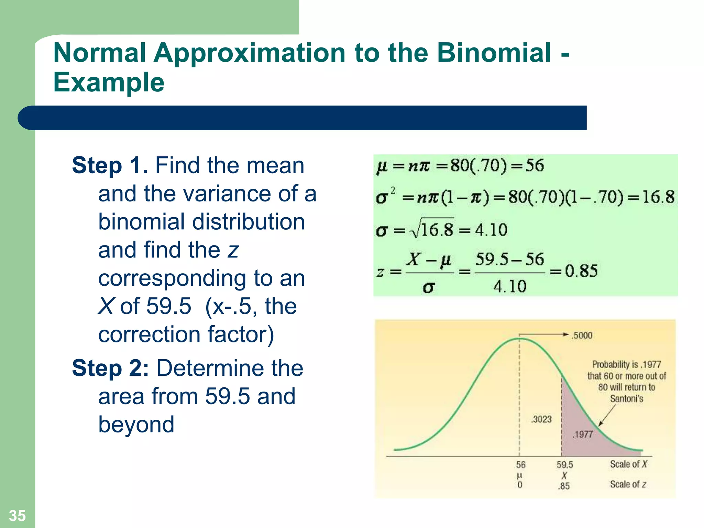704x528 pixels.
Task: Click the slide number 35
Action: click(17, 515)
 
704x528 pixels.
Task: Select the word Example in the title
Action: click(109, 82)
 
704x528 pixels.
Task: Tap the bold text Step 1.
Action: click(110, 165)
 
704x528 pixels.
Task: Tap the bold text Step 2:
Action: click(110, 368)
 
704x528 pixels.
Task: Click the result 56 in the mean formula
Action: click(534, 166)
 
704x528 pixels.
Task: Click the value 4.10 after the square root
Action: click(491, 230)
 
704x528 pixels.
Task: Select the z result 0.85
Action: click(581, 271)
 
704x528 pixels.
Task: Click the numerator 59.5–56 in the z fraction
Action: click(510, 259)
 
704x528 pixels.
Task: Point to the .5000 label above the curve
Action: click(582, 335)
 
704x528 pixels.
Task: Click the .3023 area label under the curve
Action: click(541, 419)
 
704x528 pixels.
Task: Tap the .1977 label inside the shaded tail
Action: click(583, 434)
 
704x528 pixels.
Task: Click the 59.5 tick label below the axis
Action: click(565, 465)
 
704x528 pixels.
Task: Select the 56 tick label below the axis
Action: click(520, 465)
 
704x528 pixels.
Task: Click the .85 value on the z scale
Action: click(564, 486)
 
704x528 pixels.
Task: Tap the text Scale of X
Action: click(628, 464)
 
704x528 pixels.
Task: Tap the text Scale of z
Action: click(628, 484)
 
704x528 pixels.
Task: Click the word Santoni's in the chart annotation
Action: click(626, 399)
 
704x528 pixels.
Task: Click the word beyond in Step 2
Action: click(136, 425)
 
